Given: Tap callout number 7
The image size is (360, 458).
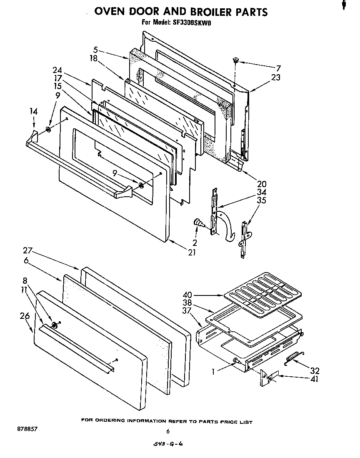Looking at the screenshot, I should (278, 68).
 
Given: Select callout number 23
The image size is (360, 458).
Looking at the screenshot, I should (275, 77).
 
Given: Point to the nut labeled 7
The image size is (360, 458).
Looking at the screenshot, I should (236, 61).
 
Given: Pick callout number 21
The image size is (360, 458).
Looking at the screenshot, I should (191, 253).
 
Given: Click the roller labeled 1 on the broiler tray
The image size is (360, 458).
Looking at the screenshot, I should (236, 360).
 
